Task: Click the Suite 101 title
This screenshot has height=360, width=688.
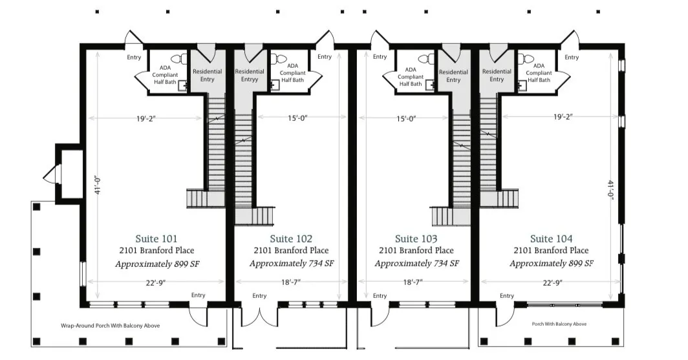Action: (x=156, y=238)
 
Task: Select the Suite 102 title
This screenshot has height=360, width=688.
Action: (x=291, y=238)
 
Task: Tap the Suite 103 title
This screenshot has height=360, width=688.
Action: (x=416, y=238)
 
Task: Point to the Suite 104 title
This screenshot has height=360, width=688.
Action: (x=551, y=238)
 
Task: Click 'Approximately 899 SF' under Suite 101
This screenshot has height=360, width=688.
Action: (x=156, y=264)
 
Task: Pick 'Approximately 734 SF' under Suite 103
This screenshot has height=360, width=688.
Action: (x=416, y=264)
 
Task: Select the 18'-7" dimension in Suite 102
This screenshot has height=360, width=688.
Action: (x=290, y=282)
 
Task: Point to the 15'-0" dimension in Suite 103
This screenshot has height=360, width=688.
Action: (x=405, y=118)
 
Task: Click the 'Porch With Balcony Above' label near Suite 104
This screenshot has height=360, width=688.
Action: (x=559, y=324)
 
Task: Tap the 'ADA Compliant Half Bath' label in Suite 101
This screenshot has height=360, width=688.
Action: (x=165, y=75)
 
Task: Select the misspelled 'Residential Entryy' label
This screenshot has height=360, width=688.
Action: (x=250, y=75)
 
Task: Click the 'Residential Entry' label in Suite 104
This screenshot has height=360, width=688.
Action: (x=497, y=75)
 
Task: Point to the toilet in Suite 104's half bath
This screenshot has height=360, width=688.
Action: (x=530, y=59)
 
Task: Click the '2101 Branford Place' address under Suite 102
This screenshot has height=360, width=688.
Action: (x=291, y=251)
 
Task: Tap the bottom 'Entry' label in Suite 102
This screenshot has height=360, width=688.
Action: (x=259, y=296)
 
